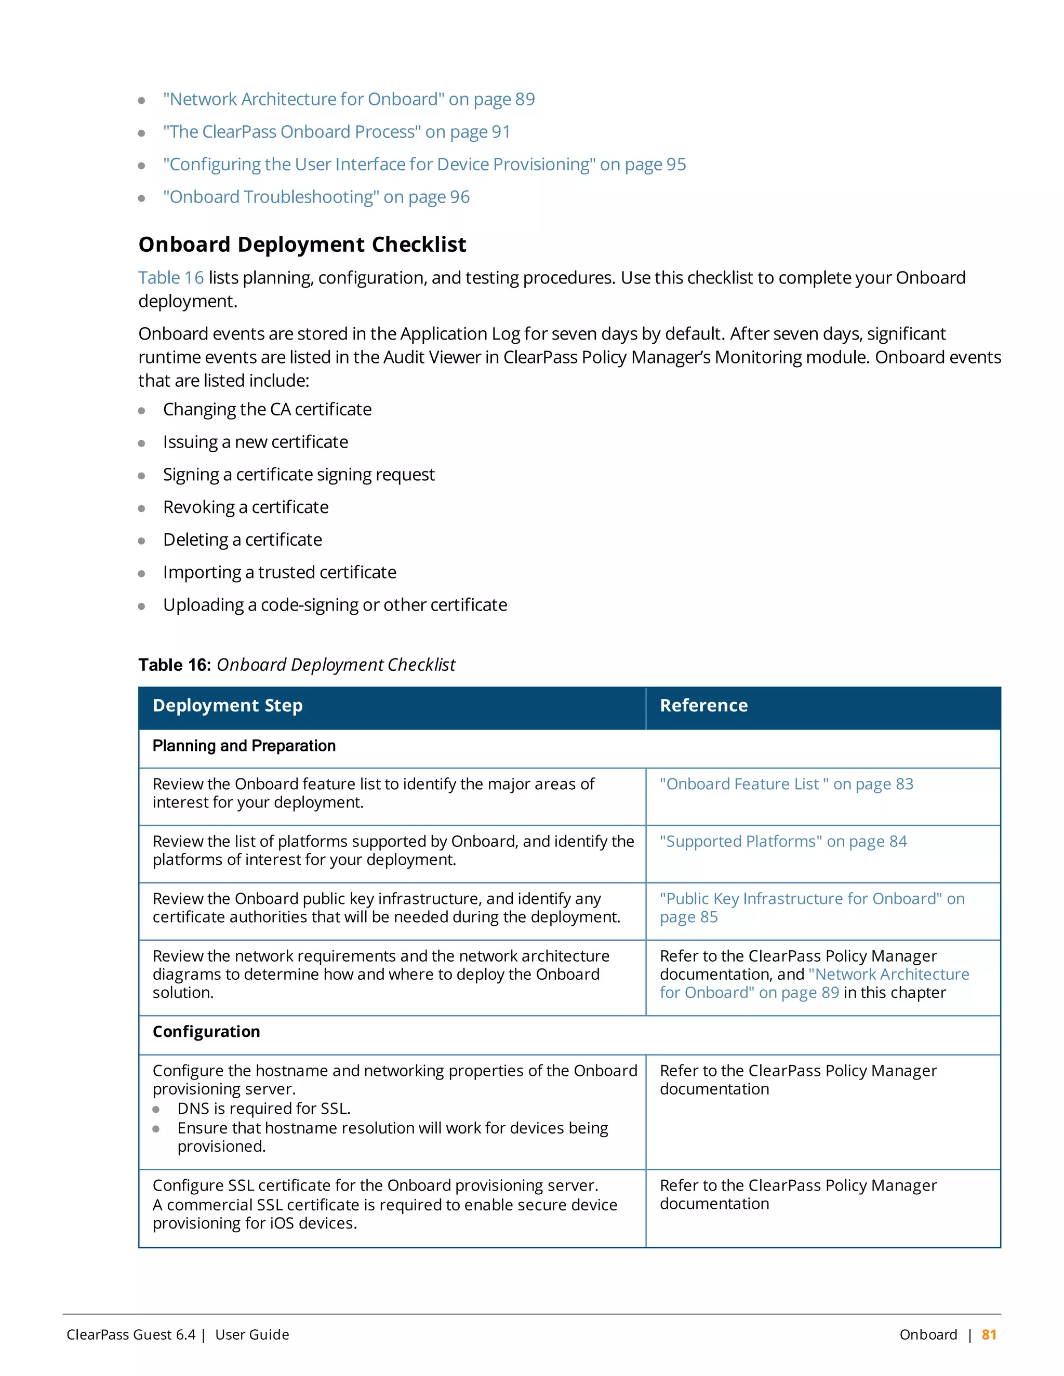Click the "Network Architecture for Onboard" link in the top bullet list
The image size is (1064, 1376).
(348, 100)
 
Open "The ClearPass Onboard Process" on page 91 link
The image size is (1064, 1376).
(336, 132)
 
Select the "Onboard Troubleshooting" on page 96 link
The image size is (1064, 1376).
(316, 197)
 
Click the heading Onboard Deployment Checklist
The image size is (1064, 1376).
(302, 245)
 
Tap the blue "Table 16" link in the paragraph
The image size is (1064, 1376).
(171, 278)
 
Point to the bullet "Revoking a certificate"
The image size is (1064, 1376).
(245, 507)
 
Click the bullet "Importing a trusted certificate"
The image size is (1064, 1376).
(279, 572)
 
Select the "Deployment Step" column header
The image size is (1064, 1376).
(228, 706)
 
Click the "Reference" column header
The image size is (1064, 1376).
(703, 706)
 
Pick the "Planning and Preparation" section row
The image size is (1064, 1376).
(244, 746)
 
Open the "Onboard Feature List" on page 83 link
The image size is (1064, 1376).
(786, 785)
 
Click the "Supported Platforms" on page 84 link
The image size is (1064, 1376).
(783, 842)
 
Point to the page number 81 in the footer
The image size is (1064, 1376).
(989, 1334)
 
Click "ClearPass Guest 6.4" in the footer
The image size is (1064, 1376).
(131, 1334)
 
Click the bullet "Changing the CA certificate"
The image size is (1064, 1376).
(267, 410)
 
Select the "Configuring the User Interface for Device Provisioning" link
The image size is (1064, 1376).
(423, 165)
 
